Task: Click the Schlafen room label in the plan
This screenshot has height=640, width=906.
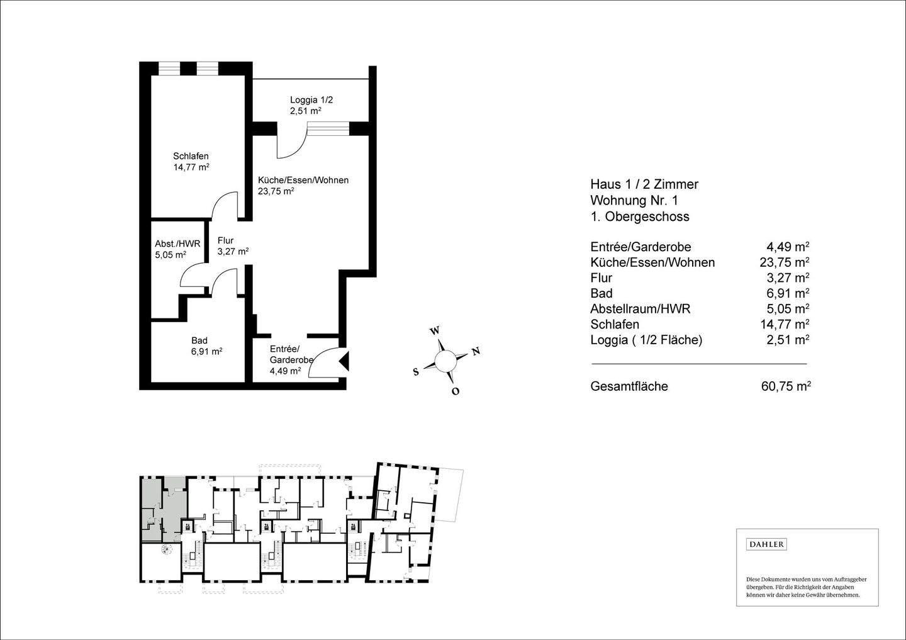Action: pos(191,162)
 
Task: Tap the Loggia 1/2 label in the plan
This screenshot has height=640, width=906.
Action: pos(311,104)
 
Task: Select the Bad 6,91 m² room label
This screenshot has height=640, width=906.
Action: pos(206,346)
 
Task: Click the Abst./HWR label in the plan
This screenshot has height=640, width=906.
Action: pos(177,249)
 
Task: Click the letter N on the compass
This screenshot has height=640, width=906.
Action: pos(476,351)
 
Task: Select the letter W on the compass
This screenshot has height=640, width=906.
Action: pos(434,331)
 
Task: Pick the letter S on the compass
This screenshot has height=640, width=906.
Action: pos(415,372)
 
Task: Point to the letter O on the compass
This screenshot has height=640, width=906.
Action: pos(456,391)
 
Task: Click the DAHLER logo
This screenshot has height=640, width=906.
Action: pos(766,544)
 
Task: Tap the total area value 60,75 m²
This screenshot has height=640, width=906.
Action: pos(785,386)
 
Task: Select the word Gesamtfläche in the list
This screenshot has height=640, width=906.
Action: pos(629,386)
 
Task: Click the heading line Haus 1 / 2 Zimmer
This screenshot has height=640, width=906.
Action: pos(644,184)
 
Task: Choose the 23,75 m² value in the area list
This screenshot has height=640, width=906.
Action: pos(784,262)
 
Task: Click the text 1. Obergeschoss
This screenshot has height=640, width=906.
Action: pos(639,216)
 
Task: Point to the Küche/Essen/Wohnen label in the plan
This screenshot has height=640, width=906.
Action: pos(303,185)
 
